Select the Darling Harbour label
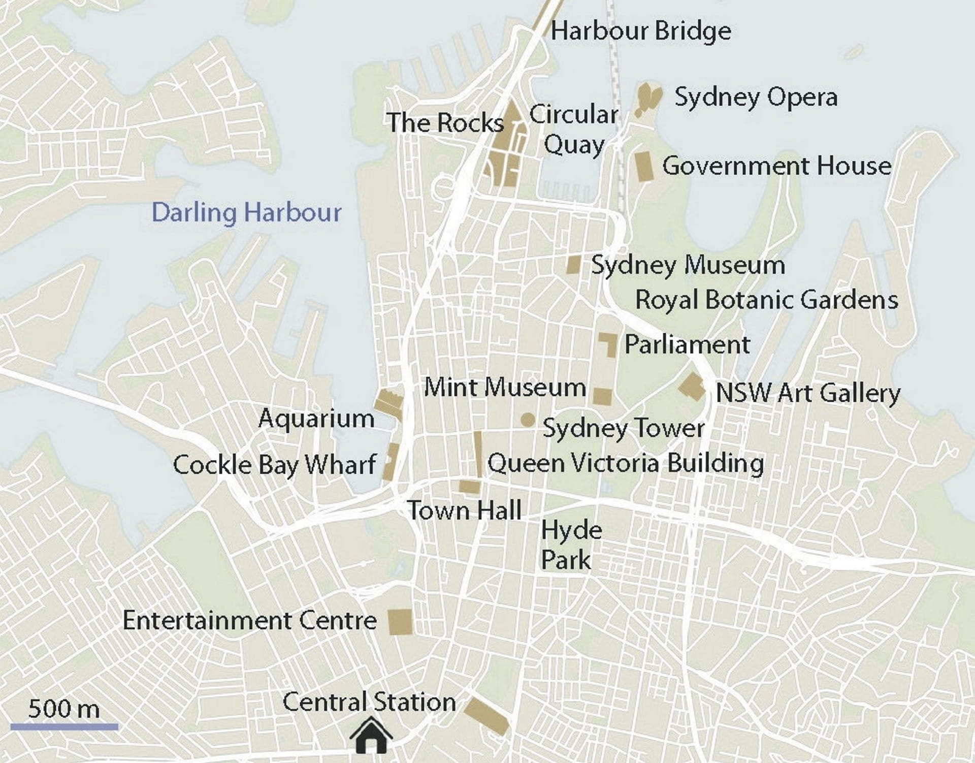click(247, 212)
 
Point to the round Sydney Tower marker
click(528, 420)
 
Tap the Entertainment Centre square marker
click(400, 622)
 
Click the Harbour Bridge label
click(641, 31)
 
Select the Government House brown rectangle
click(644, 166)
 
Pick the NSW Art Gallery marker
click(692, 388)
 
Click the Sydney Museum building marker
click(573, 265)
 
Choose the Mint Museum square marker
click(602, 397)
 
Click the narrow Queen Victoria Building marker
click(478, 454)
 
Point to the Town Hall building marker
click(469, 486)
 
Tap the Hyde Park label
click(571, 545)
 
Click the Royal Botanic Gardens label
click(766, 300)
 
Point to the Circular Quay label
click(574, 130)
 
